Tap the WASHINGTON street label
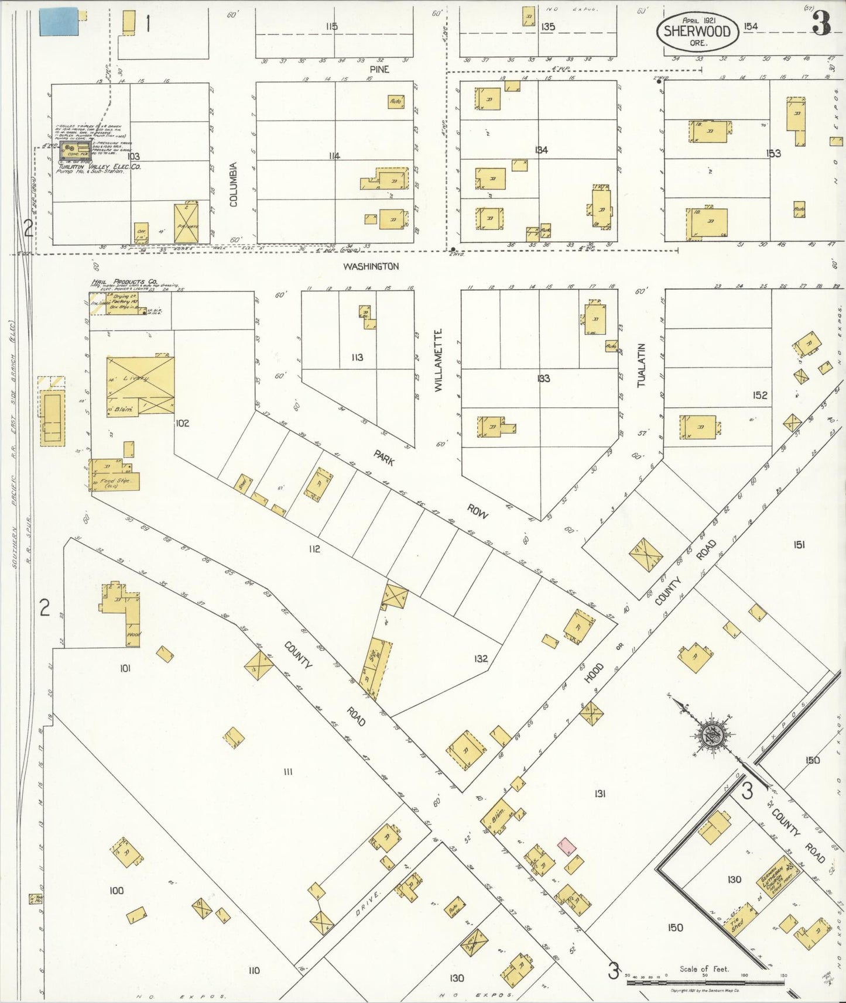(x=371, y=266)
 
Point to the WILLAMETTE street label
(x=440, y=360)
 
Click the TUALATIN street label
(x=641, y=365)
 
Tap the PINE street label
(x=379, y=69)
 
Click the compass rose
(x=713, y=735)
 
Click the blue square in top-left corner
(x=58, y=22)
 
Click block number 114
(x=334, y=156)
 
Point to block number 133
(x=543, y=379)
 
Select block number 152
(x=759, y=396)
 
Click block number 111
(x=287, y=772)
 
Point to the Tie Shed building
(x=739, y=923)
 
